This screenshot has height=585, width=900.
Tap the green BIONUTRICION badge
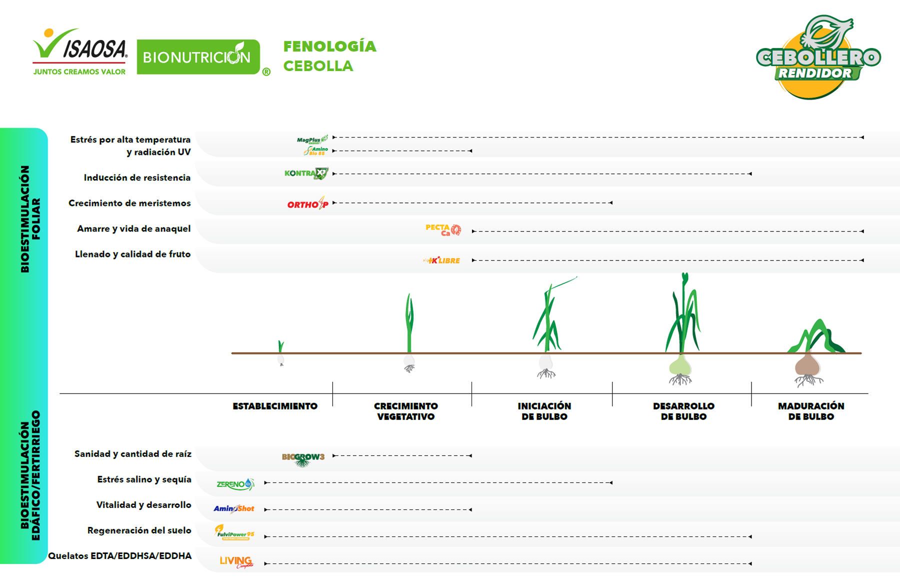(198, 57)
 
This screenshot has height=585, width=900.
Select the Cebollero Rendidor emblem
(818, 58)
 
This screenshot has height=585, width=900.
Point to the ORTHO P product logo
(307, 203)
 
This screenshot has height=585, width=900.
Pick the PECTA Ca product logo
(443, 230)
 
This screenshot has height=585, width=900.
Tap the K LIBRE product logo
(442, 260)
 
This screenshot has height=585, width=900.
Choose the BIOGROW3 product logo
(303, 458)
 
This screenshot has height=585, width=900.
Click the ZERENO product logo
(235, 484)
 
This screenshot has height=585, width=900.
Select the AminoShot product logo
(234, 509)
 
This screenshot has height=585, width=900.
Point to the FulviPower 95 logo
(234, 533)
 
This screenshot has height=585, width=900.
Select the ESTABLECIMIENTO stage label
(275, 406)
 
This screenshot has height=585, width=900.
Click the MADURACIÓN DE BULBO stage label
(811, 411)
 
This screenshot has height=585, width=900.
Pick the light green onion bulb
(680, 366)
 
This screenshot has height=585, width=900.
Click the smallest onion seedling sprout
(281, 346)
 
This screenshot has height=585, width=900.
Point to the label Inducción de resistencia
(137, 178)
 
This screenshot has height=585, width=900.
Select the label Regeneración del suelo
(139, 530)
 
